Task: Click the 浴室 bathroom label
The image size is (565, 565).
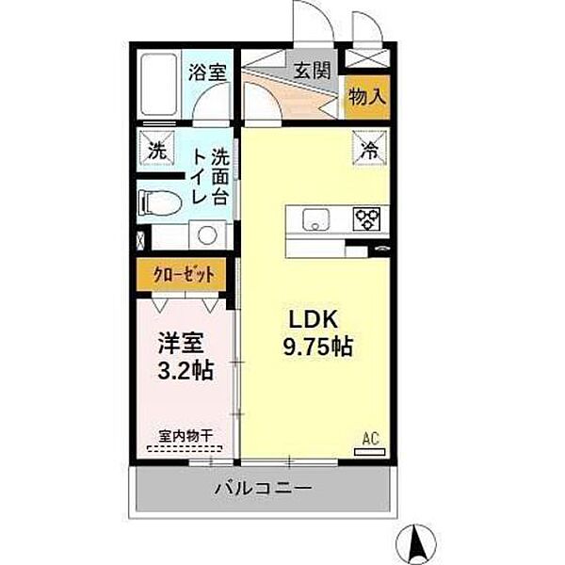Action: tap(207, 71)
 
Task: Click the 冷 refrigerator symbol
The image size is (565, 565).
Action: tap(370, 148)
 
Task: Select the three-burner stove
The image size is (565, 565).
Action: tap(366, 218)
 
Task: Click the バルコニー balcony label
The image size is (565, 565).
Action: tap(263, 488)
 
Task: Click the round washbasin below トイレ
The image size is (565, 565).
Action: tap(206, 235)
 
